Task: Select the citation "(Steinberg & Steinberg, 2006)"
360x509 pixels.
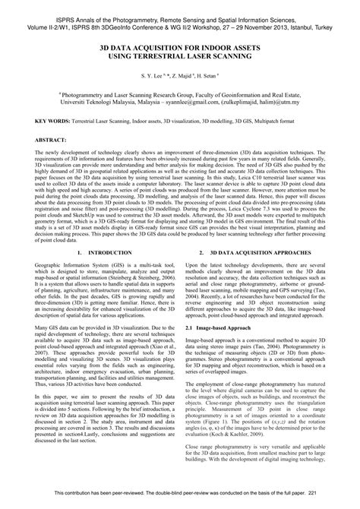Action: [134, 280]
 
